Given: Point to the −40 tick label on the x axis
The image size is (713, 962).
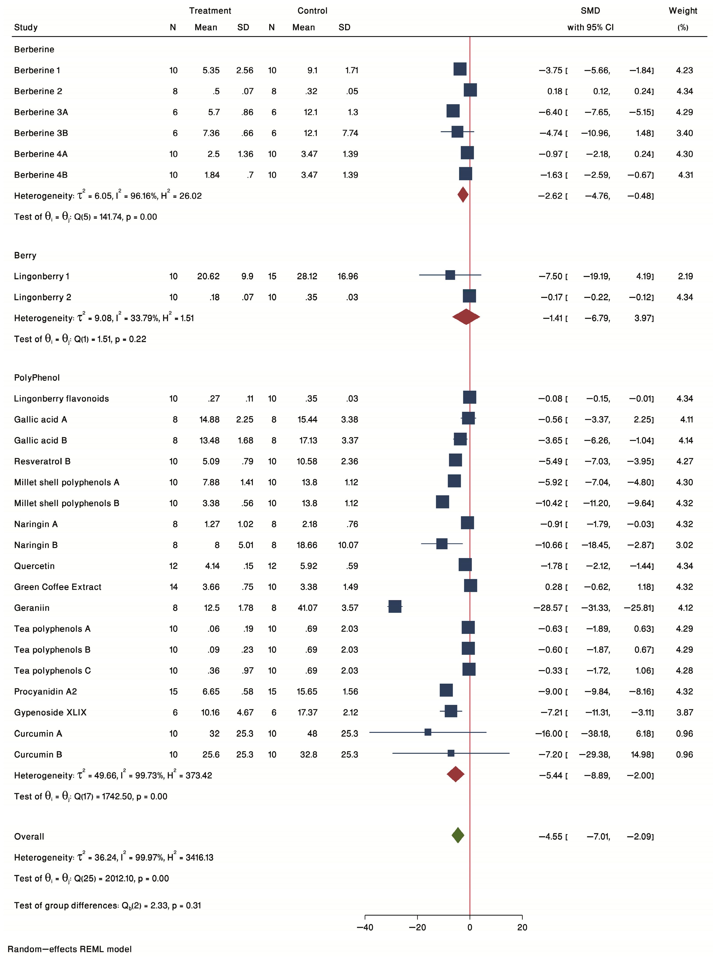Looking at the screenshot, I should [x=365, y=927].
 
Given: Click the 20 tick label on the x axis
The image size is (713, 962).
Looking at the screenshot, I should [x=522, y=927].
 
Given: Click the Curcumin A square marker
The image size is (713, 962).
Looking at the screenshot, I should [x=428, y=732].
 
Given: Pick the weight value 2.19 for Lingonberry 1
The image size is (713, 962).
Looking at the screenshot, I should [x=685, y=276].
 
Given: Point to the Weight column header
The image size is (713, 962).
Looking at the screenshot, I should [x=683, y=11].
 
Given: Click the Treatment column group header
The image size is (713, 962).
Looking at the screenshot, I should [x=210, y=11].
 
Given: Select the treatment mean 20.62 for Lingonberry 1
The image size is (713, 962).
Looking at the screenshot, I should [x=208, y=276].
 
